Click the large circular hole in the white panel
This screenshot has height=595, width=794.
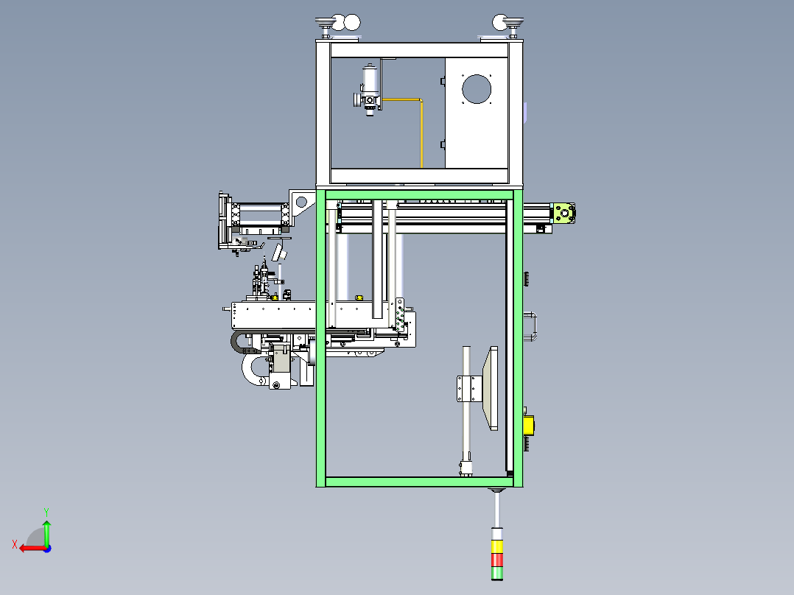(477, 89)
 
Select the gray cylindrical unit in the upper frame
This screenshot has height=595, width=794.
(370, 90)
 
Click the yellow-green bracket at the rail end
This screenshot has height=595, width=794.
(564, 214)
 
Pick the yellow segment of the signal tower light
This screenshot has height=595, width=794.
(496, 546)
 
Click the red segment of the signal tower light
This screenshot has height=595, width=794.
(496, 560)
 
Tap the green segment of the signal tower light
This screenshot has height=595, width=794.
(496, 573)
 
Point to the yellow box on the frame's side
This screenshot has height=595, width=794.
(528, 426)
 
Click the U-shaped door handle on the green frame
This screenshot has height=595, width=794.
(531, 327)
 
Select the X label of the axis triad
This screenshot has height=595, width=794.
(15, 544)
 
